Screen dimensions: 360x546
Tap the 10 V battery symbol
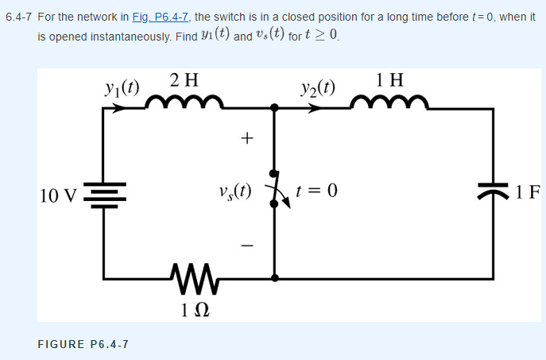click(x=104, y=193)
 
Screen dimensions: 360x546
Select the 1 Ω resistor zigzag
click(x=189, y=277)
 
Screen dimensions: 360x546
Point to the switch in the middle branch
click(x=275, y=189)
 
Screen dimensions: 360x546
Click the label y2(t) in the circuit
click(x=318, y=86)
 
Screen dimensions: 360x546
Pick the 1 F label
click(x=527, y=192)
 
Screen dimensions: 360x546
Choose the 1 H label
click(x=390, y=79)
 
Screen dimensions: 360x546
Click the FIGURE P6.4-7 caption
click(x=83, y=343)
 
